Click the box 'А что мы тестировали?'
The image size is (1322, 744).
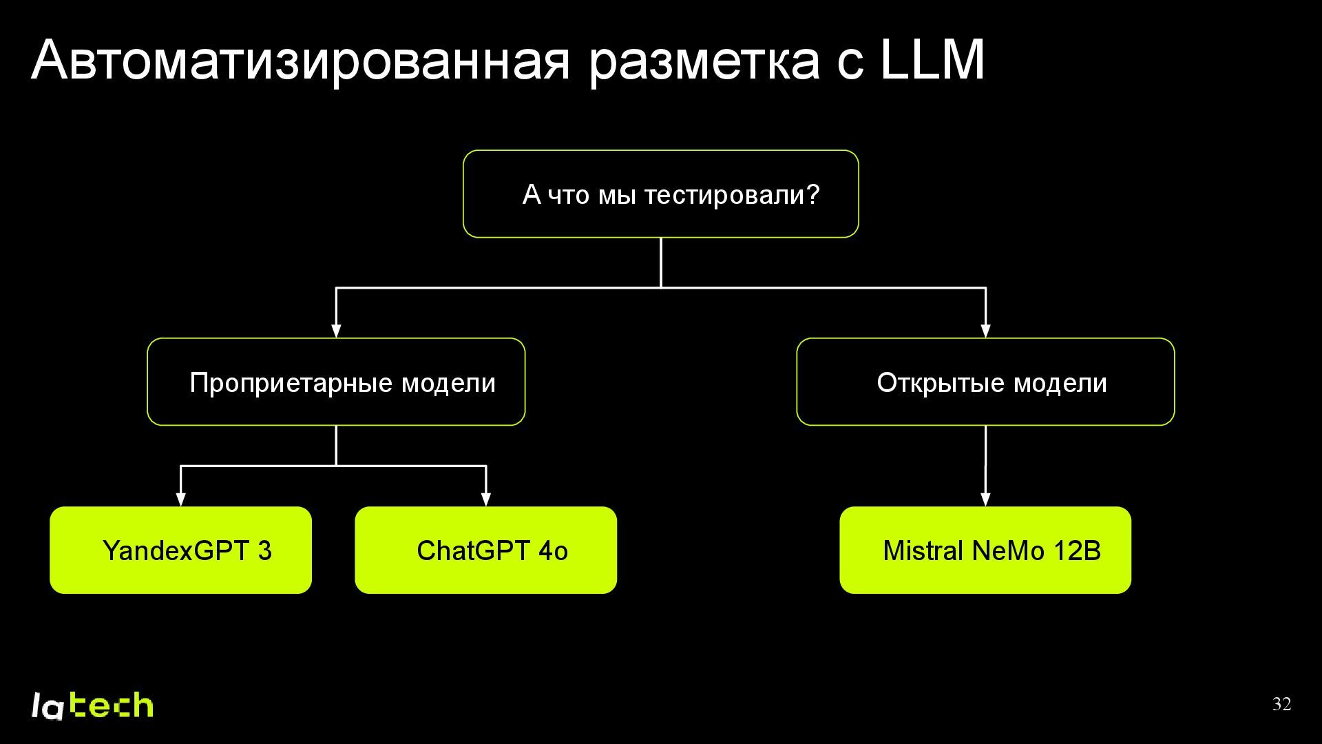coord(660,194)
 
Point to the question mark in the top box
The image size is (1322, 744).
coord(813,195)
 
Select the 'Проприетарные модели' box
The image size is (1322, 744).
coord(336,382)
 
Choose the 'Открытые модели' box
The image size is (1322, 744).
coord(985,382)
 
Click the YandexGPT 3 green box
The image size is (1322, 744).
coord(180,550)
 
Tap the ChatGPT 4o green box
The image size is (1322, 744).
coord(485,550)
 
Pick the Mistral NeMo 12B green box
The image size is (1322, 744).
coord(985,550)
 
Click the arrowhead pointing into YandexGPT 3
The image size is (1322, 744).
coord(180,499)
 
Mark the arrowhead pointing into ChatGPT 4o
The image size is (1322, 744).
coord(485,499)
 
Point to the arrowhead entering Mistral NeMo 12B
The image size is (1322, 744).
coord(985,499)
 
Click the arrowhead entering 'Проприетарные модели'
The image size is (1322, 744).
coord(336,331)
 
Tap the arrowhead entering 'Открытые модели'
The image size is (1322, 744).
coord(985,331)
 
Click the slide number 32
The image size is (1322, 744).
coord(1281,704)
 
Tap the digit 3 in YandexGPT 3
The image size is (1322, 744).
coord(264,550)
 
